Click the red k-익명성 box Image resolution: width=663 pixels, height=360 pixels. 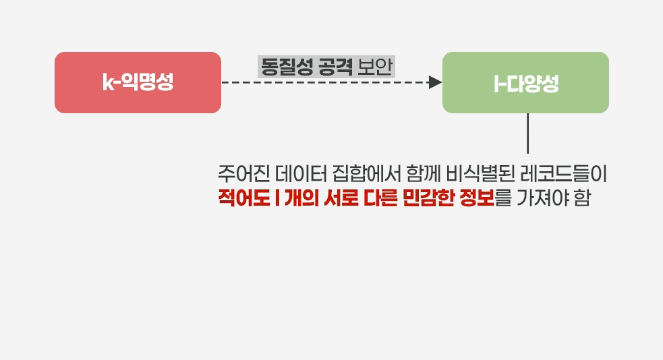[x=138, y=82]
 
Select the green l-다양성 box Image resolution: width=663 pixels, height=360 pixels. [x=525, y=82]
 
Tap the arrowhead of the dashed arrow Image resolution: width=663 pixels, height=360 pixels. [x=436, y=82]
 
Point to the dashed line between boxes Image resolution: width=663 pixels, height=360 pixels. [x=324, y=82]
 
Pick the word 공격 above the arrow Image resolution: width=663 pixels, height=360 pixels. [x=335, y=67]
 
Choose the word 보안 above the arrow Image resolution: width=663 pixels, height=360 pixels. [x=375, y=67]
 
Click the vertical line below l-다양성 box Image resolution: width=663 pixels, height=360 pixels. [x=527, y=133]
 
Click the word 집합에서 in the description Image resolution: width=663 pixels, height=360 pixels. [x=367, y=175]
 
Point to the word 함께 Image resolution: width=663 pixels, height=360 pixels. [x=424, y=175]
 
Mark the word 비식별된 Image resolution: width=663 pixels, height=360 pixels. [x=485, y=175]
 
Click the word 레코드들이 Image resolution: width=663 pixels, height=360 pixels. [x=571, y=175]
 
